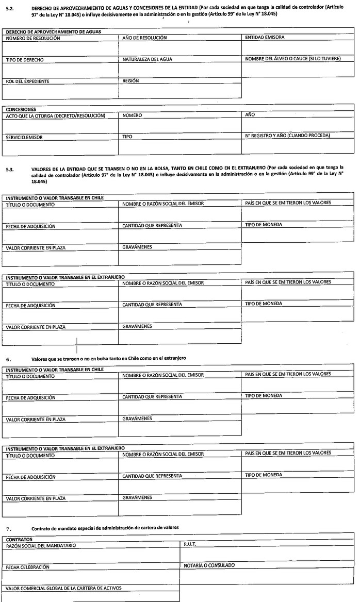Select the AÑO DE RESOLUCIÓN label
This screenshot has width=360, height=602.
tap(144, 38)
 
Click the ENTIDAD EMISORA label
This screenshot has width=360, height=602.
tap(265, 37)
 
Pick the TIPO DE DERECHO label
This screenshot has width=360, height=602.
tap(24, 60)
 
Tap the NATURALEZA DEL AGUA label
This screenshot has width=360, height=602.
tap(147, 59)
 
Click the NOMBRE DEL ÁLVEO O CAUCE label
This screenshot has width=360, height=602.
tap(292, 59)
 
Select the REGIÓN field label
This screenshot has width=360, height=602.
tap(131, 81)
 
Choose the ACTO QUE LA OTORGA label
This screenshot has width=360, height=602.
tap(55, 115)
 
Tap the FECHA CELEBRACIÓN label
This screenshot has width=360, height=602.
tap(28, 567)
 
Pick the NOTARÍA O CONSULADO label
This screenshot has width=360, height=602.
tap(209, 565)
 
